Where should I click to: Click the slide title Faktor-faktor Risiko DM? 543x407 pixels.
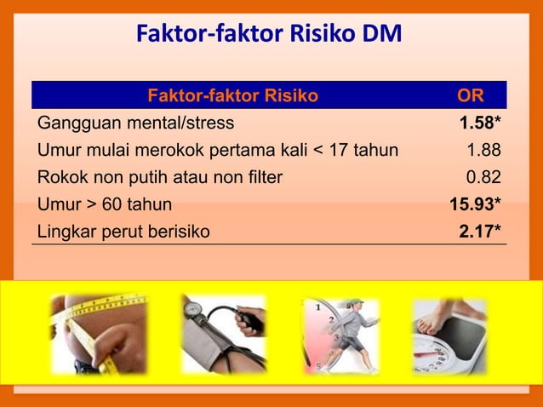point(269,36)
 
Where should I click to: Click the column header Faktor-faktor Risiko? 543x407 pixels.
point(232,95)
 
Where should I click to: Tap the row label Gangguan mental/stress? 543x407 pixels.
point(135,124)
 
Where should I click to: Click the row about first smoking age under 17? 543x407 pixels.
point(217,151)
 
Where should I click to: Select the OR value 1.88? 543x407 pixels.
point(483,151)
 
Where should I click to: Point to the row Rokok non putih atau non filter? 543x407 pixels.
point(159,177)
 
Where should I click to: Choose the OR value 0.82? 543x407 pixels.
point(483,177)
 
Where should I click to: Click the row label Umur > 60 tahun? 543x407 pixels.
point(105,204)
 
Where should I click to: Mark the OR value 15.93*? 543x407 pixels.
point(475,204)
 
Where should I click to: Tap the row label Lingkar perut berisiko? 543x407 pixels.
point(123,231)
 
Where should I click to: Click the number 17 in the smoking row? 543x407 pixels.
point(340,151)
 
